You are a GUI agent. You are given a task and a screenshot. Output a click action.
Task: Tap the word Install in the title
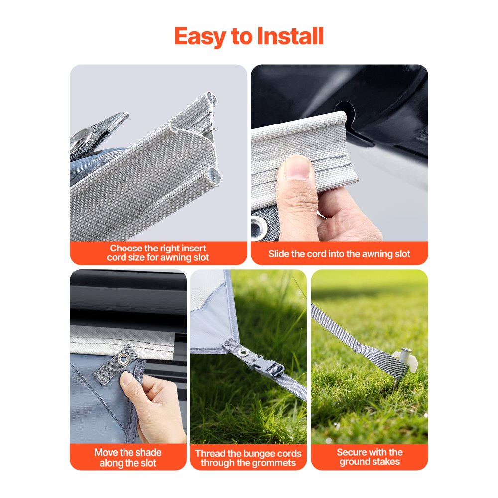[x=290, y=36]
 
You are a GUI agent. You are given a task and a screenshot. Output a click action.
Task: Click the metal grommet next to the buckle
[x=244, y=352]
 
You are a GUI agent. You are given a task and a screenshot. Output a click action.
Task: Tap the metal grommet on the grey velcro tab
[x=123, y=359]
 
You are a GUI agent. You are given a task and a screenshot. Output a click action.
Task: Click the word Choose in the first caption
[x=126, y=248]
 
